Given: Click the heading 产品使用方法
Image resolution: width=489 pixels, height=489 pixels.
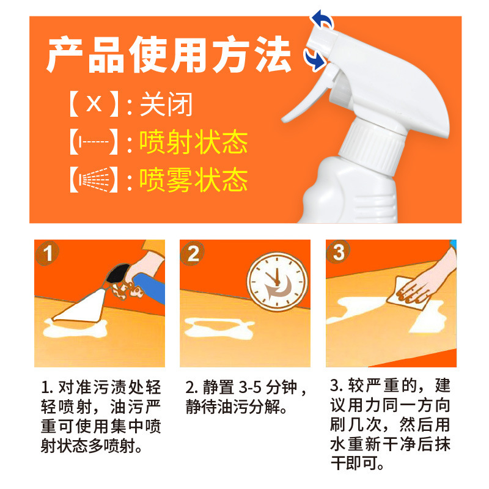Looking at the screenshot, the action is (169, 54).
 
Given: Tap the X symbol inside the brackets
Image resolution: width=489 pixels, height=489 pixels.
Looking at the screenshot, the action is (94, 103).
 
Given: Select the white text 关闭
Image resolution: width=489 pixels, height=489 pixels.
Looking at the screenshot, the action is (166, 104).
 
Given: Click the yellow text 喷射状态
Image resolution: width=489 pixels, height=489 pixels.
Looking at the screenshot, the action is (193, 142).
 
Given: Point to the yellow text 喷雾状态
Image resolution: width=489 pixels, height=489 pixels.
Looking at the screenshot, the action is (193, 180).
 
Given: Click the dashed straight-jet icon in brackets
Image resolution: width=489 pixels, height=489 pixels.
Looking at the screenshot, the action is (94, 142).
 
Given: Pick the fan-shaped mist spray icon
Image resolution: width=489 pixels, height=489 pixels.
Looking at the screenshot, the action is (94, 180).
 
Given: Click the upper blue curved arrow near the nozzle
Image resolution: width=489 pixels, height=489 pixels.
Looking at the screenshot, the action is (323, 19).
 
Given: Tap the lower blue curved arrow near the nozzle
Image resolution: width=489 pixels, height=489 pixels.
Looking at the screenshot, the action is (315, 59).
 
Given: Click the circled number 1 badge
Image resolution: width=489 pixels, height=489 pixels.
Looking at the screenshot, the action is (47, 253).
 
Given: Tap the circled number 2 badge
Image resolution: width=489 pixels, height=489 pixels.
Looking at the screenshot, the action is (193, 253).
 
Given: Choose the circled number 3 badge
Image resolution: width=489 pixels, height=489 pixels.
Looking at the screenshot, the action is (338, 252).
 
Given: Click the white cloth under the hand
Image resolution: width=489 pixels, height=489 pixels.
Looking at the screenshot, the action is (409, 293).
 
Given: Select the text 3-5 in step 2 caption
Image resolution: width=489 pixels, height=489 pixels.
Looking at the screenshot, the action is (250, 387).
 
